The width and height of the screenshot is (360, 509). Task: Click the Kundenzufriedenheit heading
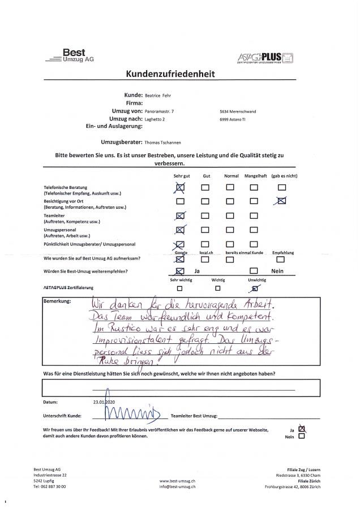tap(179, 74)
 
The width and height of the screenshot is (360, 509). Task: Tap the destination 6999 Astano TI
tap(234, 120)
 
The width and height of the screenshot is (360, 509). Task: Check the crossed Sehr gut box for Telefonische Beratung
tap(181, 187)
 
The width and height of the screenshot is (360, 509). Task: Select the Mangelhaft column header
tap(255, 176)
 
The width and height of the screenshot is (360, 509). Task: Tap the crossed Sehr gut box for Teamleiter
tap(181, 215)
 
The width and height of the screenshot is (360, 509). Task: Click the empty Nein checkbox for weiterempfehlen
tap(255, 271)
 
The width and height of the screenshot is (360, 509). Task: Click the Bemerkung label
tap(57, 301)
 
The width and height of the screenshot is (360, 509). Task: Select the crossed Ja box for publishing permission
tap(301, 428)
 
